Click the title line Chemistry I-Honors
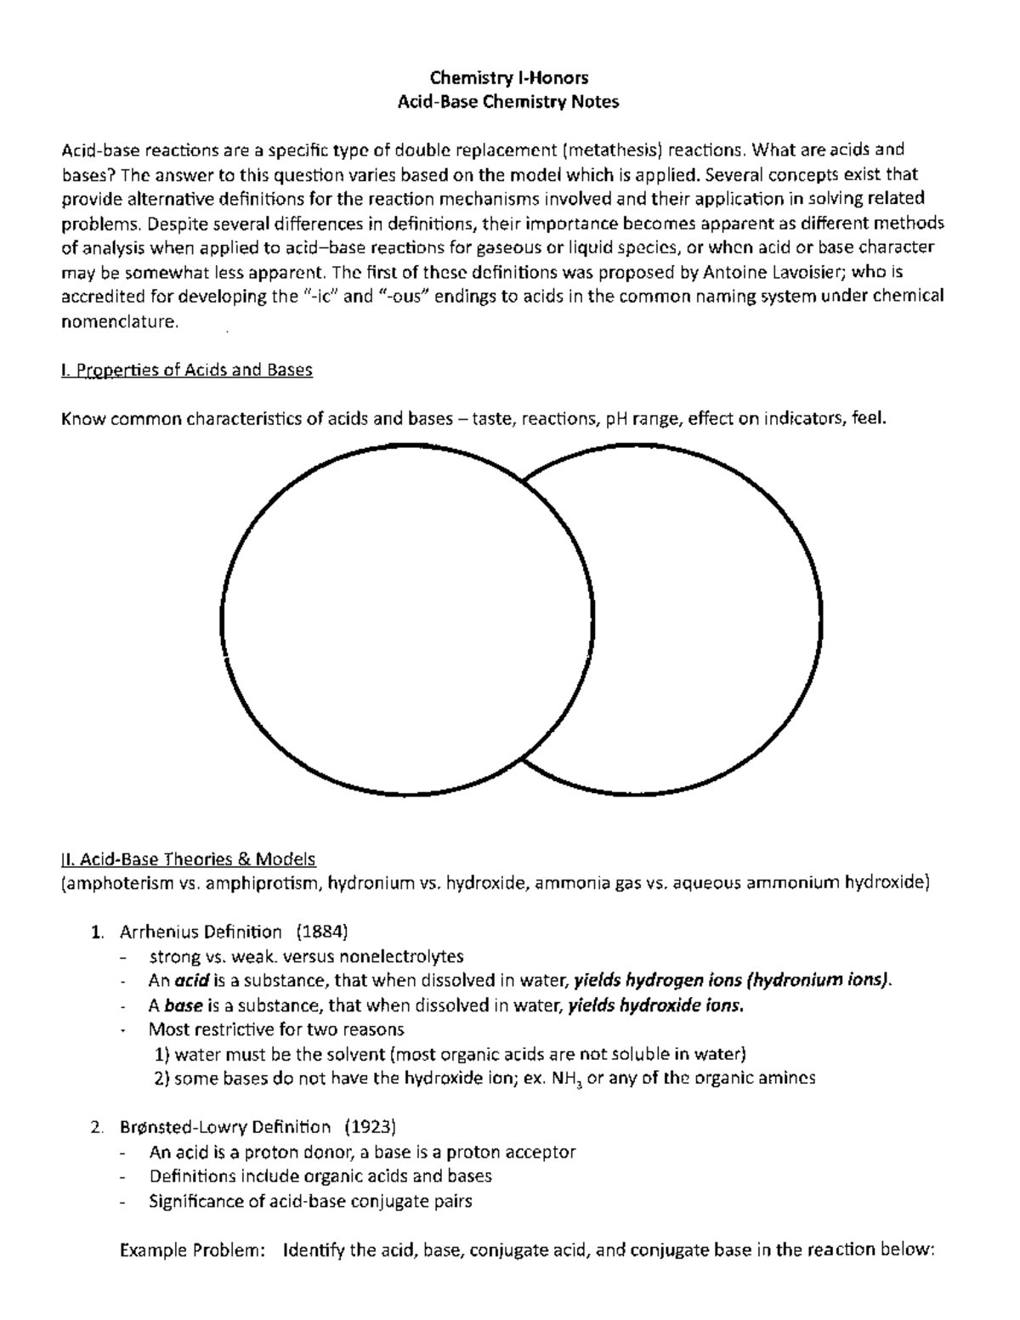click(x=509, y=78)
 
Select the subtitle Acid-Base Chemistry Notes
click(x=509, y=103)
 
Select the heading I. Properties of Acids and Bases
click(x=187, y=371)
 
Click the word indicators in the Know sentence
click(x=802, y=418)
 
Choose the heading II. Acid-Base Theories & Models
click(x=188, y=858)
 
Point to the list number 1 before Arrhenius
click(x=95, y=932)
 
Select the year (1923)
click(x=371, y=1127)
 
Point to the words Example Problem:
click(x=193, y=1250)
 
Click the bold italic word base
click(x=183, y=1005)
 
